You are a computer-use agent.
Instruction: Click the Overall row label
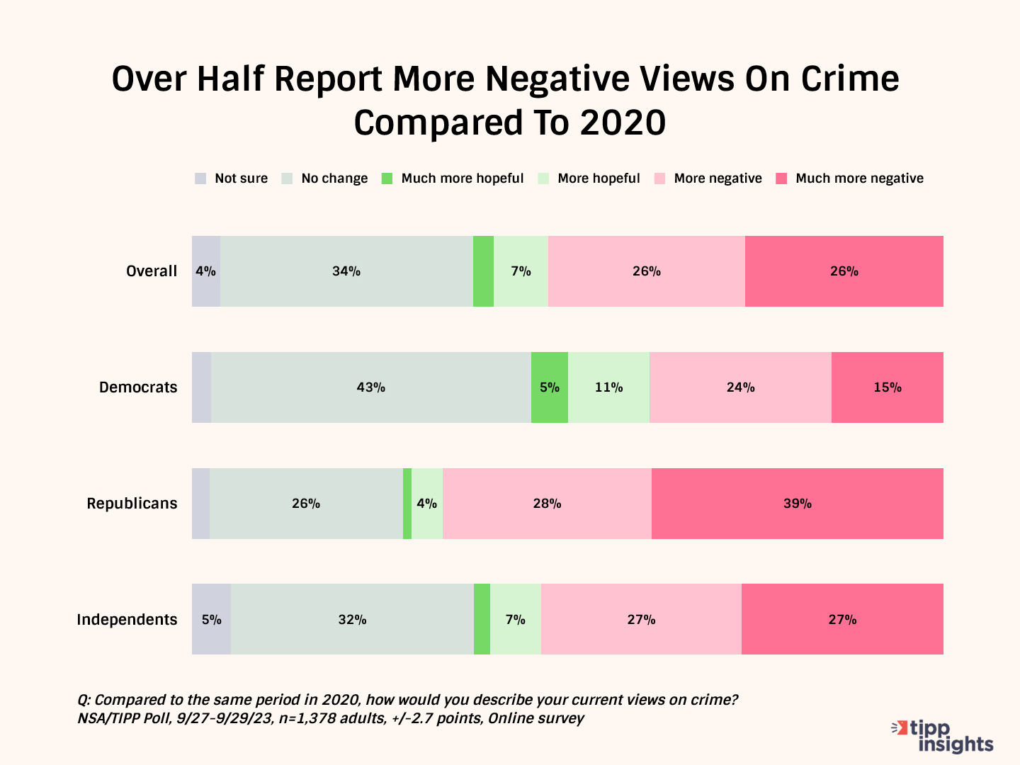coord(152,271)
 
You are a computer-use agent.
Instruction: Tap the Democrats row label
coord(138,387)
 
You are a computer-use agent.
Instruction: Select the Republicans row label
coord(132,504)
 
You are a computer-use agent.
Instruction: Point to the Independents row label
coord(127,620)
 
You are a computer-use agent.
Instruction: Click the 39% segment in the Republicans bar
coord(797,504)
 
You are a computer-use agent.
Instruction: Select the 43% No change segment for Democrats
coord(370,387)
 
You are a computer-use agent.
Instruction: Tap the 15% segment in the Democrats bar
coord(887,387)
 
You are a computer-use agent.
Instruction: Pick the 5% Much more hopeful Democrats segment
coord(549,387)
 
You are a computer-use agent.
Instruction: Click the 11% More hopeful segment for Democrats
coord(608,387)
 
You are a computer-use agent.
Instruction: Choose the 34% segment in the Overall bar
coord(346,271)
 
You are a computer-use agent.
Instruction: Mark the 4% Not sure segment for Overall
coord(205,271)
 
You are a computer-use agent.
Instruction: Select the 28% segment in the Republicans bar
coord(547,504)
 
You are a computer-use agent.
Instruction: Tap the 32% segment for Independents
coord(352,620)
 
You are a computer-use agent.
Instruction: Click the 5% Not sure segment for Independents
coord(211,620)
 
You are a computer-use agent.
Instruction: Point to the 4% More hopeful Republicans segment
coord(427,504)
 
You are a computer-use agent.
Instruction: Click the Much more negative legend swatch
coord(781,178)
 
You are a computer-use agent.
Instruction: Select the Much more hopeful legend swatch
coord(387,178)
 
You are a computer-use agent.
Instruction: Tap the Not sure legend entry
coord(232,178)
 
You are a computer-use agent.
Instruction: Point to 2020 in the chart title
coord(623,123)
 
